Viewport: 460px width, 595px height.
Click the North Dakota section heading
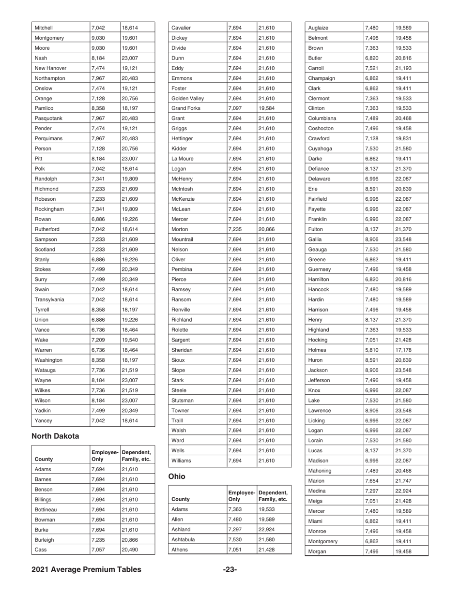click(55, 436)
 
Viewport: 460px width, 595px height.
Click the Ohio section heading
click(177, 476)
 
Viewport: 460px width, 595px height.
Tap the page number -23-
click(230, 569)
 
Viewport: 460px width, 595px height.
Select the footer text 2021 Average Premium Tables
click(86, 569)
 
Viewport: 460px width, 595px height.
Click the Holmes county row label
click(318, 350)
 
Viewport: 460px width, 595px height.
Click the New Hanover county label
click(51, 68)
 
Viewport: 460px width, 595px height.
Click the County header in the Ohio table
click(181, 499)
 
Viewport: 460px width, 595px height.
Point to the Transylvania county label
click(49, 299)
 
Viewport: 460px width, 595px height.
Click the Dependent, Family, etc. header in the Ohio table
click(273, 495)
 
